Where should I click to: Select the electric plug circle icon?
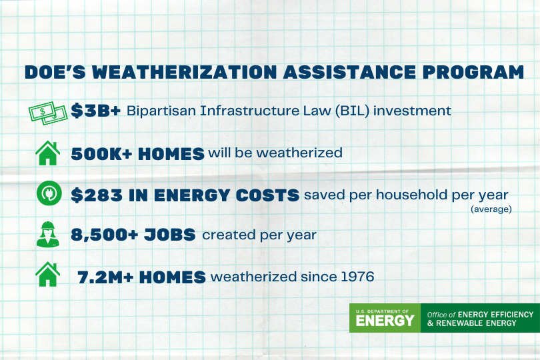click(47, 195)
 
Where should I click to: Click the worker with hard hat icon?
click(47, 235)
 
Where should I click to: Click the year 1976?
click(356, 277)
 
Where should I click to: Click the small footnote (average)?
click(491, 209)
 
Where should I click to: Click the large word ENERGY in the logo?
click(385, 321)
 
